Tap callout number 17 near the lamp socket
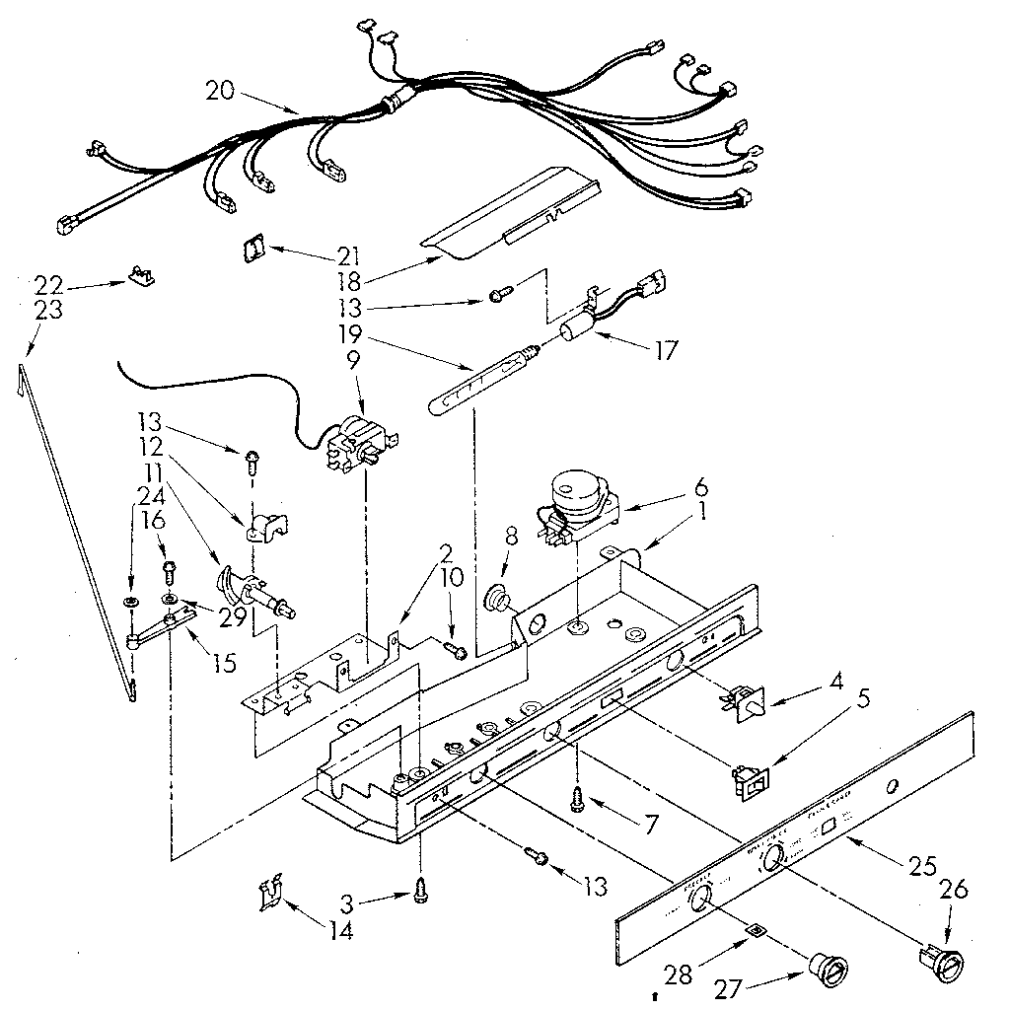click(x=666, y=350)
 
